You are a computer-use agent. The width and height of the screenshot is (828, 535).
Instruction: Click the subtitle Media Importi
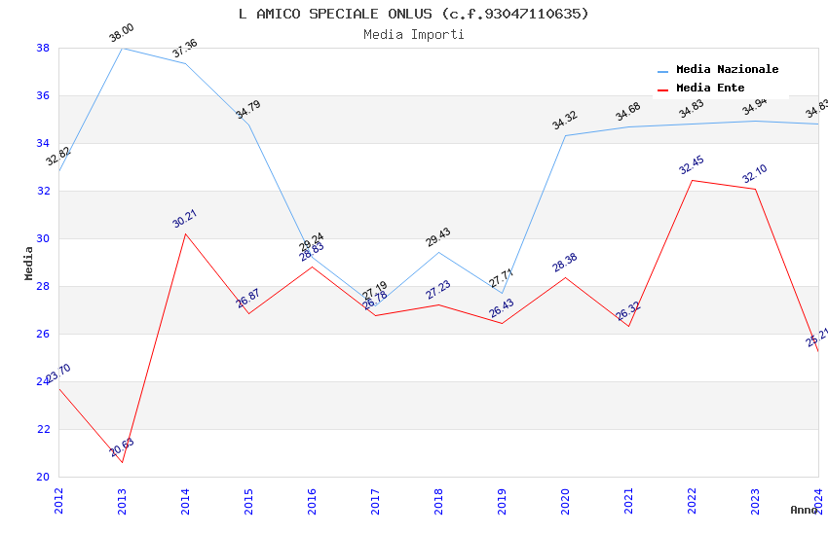414,34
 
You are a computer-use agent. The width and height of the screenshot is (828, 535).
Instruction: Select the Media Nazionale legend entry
727,70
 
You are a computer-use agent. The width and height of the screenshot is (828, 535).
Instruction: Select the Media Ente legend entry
710,89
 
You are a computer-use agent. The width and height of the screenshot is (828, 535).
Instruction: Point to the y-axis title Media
28,263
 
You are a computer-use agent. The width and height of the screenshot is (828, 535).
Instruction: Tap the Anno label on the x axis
804,510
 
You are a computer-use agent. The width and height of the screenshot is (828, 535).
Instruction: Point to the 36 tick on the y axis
43,95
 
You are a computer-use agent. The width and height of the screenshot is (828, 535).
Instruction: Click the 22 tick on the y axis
43,429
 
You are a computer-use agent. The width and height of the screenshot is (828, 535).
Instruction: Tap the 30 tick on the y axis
43,238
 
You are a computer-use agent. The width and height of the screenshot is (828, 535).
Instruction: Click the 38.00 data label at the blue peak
122,34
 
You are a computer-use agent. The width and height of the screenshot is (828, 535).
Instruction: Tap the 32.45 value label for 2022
692,165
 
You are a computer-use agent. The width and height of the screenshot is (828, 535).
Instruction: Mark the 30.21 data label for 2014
185,219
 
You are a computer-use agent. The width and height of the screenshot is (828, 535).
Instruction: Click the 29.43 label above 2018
438,238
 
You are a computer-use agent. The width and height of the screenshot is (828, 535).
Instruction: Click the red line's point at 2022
692,180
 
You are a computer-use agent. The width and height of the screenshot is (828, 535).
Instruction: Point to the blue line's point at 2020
565,135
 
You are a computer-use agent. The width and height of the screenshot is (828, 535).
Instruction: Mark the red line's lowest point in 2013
122,462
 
